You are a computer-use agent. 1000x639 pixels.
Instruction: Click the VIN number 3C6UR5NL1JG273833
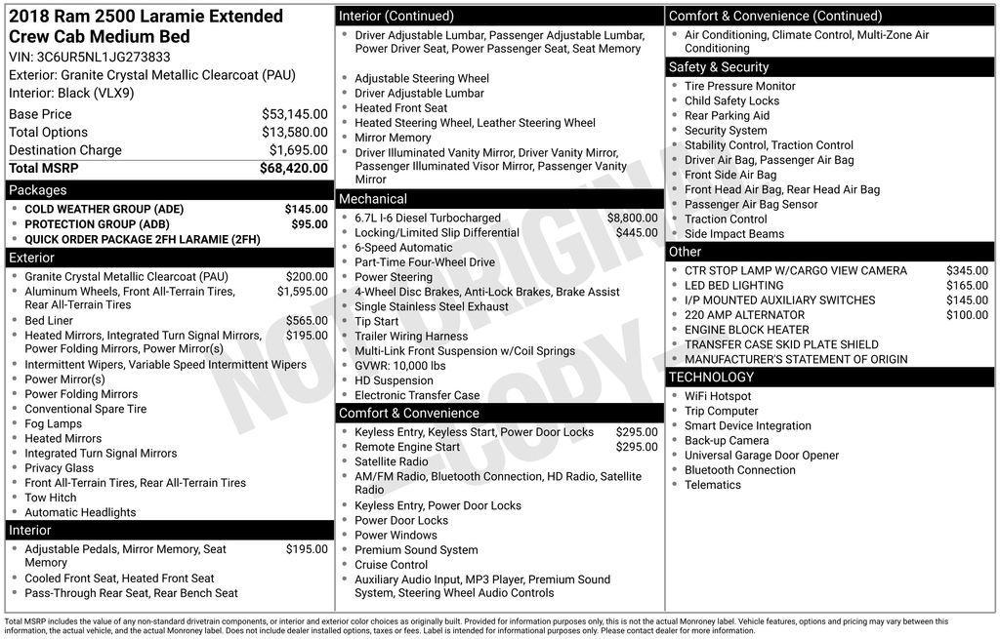tap(104, 57)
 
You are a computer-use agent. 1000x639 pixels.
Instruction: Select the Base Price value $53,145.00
tap(294, 114)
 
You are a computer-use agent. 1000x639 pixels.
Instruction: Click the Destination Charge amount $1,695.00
tap(298, 150)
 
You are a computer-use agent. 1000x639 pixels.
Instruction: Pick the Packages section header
tap(38, 190)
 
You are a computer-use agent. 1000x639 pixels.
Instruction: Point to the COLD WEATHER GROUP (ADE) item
tap(104, 209)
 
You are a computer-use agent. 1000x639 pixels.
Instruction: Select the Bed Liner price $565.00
tap(307, 320)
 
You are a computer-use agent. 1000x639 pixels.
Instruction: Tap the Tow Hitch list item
tap(51, 498)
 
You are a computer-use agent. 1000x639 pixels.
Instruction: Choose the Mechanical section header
tap(373, 199)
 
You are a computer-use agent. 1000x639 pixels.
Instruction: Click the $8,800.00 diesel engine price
tap(632, 218)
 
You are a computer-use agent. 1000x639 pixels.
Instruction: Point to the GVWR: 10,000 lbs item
tap(400, 366)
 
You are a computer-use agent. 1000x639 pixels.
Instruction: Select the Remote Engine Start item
tap(407, 447)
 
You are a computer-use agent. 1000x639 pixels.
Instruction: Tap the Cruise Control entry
tap(392, 565)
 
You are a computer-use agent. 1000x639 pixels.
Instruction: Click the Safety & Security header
tap(719, 66)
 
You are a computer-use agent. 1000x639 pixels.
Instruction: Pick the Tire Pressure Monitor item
tap(740, 86)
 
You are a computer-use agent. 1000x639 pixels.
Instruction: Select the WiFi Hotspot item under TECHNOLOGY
tap(718, 396)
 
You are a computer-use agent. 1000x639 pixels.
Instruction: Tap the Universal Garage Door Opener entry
tap(762, 456)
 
